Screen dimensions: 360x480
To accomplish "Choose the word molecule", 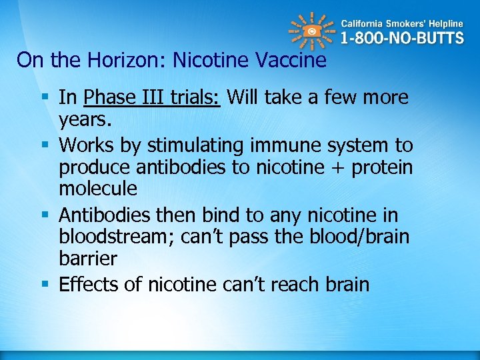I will (98, 189).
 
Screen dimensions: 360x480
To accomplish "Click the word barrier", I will (87, 259).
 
